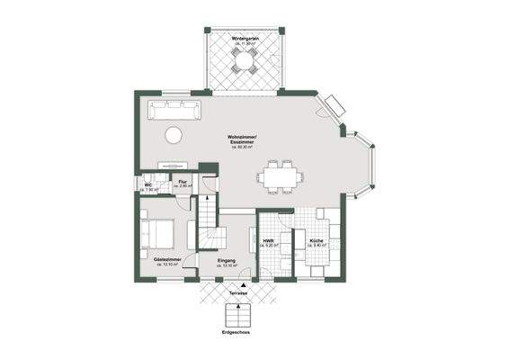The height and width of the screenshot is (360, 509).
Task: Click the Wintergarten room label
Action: click(246, 41)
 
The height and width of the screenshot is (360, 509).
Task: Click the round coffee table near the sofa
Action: click(173, 135)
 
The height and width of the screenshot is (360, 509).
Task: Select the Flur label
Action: click(183, 185)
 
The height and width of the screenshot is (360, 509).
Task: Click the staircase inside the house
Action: click(210, 225)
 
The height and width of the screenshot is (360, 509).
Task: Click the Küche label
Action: click(316, 242)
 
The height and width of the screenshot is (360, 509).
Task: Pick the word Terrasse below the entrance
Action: click(237, 293)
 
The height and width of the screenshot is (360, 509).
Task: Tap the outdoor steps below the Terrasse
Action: click(237, 317)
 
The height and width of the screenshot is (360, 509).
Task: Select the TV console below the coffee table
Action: click(172, 165)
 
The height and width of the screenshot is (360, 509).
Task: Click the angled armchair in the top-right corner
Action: click(334, 107)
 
